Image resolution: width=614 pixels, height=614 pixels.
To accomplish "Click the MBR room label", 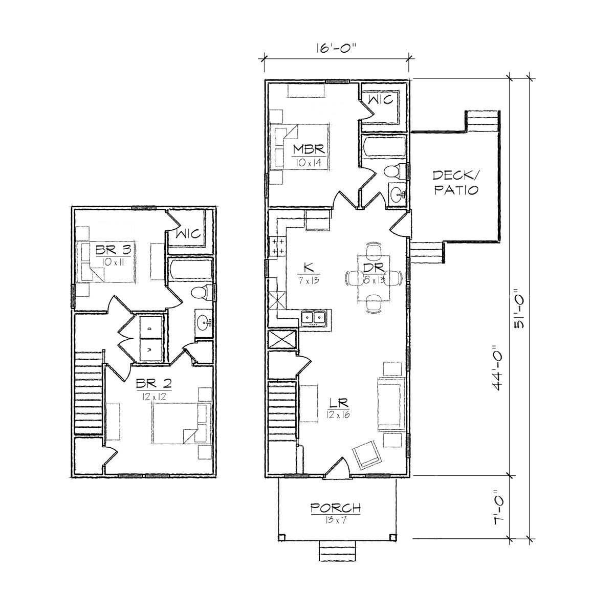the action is [x=309, y=149].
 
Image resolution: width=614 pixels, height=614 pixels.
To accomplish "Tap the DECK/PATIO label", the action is [x=456, y=182].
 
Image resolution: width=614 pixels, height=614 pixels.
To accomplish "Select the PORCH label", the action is [x=336, y=508].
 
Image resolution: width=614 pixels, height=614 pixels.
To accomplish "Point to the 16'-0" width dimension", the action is [x=336, y=49].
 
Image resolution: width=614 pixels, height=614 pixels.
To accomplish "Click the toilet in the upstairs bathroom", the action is [x=202, y=293].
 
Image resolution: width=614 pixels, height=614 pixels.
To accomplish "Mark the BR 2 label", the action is [x=154, y=383].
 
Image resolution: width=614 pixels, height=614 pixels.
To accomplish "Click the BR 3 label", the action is [x=114, y=250].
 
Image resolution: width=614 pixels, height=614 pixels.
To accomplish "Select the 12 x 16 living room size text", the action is [x=338, y=414].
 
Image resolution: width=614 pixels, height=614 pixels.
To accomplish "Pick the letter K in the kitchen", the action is [x=309, y=266].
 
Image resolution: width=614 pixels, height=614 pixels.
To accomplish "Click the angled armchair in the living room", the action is [x=366, y=455].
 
